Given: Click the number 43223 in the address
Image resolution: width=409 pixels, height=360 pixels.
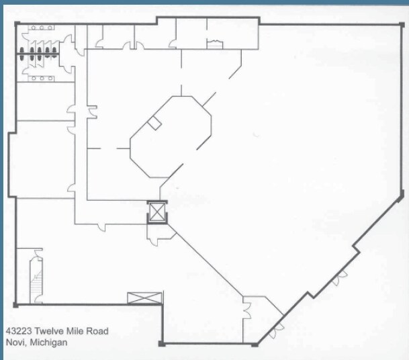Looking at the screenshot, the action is click(x=19, y=331).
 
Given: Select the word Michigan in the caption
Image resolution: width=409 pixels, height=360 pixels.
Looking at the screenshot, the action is click(x=48, y=343).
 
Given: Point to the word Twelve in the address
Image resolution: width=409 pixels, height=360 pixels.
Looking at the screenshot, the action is click(x=49, y=331).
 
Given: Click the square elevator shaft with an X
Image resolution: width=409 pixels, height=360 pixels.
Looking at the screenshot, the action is click(x=157, y=212).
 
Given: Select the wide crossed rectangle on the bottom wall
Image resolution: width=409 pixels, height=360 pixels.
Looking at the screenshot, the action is click(x=144, y=298).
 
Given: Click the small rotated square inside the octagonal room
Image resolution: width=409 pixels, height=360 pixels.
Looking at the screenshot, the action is click(x=154, y=123).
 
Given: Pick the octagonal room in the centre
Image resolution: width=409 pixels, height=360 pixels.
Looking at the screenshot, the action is click(x=171, y=137).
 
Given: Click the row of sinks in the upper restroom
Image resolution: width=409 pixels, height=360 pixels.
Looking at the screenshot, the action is click(x=42, y=28).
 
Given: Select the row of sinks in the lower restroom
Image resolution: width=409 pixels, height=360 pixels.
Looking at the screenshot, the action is click(x=42, y=79).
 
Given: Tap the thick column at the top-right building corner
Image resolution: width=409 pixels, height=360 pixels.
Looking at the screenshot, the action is click(x=402, y=25).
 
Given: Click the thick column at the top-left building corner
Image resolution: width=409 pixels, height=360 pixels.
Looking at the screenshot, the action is click(x=17, y=24).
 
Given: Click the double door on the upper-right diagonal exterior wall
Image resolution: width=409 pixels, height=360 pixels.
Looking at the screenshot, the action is click(x=340, y=277).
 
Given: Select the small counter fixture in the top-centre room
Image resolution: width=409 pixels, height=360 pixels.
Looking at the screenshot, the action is click(x=215, y=44).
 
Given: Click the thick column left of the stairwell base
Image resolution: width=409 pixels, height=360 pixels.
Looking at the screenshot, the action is click(x=15, y=305).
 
